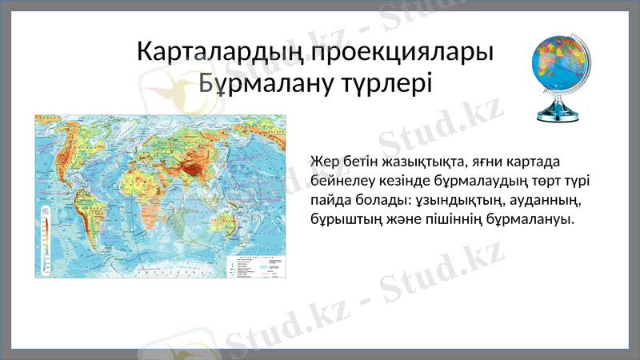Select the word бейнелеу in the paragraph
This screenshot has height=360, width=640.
(338, 181)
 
